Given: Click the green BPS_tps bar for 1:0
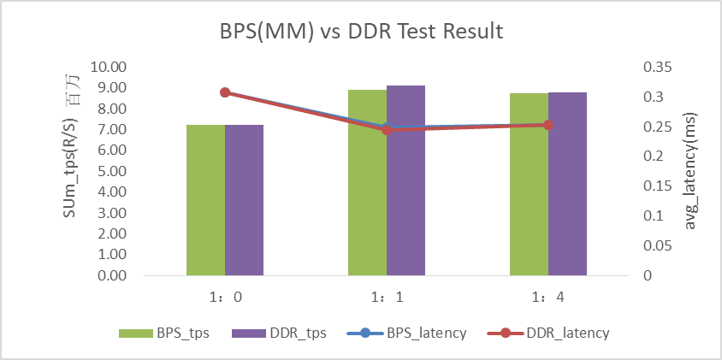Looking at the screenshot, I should (205, 200).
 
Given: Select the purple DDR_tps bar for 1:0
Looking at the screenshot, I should (244, 200).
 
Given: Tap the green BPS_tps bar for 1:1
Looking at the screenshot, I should (367, 183).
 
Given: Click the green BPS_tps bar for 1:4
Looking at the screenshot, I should (529, 185).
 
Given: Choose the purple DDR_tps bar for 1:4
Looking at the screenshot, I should (567, 184).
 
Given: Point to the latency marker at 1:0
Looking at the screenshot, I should (225, 92).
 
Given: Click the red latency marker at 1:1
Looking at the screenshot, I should (386, 130).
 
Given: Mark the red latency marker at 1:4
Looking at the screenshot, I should (547, 125).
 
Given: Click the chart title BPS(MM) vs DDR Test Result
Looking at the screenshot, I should (360, 32).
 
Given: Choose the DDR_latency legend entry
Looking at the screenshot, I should (547, 333).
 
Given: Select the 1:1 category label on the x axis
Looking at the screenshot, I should (386, 298).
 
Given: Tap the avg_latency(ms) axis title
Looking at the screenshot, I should (691, 171).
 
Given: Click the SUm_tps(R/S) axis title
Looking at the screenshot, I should (73, 171).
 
